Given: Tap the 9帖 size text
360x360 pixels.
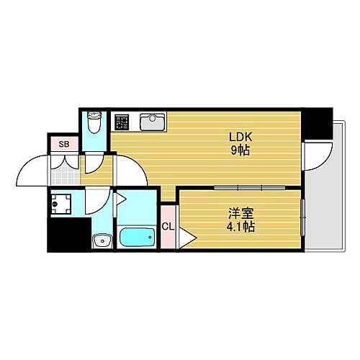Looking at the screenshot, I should pos(240,150).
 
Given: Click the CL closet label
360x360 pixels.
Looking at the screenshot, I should pos(167,227).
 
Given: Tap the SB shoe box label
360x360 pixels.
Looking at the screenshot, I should pos(64,144).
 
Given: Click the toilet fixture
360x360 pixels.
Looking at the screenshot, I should pos(93,123).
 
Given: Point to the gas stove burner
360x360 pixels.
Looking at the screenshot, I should pos(120,122).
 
